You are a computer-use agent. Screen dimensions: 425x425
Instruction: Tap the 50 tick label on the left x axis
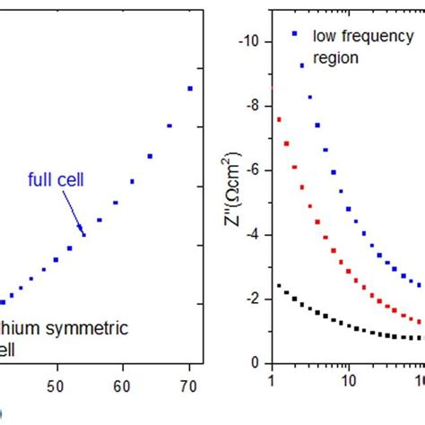[57, 386]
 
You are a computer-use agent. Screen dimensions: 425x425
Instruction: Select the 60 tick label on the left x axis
[124, 386]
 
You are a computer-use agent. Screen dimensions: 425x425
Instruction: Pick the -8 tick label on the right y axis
[253, 106]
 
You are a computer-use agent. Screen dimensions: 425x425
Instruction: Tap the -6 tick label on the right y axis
[253, 170]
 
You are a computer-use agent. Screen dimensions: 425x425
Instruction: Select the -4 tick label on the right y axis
[253, 235]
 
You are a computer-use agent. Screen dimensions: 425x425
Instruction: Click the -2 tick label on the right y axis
[253, 299]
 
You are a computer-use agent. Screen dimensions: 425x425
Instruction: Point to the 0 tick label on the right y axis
[256, 363]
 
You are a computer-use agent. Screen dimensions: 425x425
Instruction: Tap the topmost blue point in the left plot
[190, 88]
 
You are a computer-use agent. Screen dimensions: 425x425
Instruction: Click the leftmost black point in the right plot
[279, 286]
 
